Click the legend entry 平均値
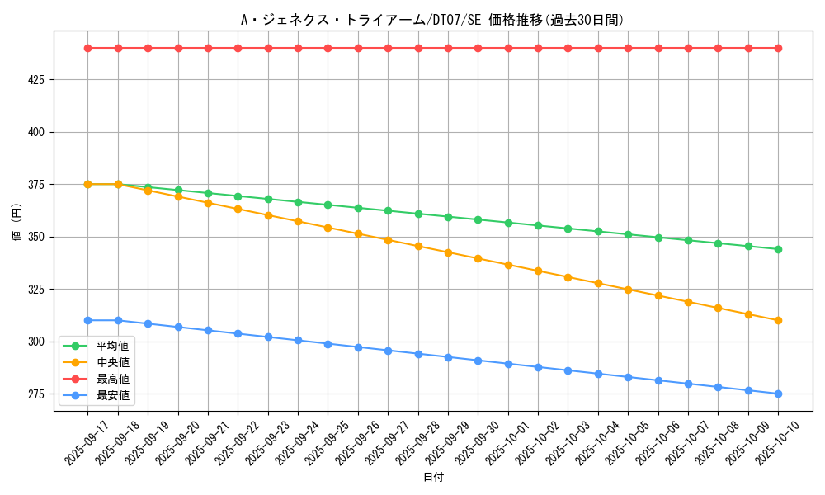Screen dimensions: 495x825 coord(113,345)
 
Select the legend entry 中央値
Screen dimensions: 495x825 coord(113,362)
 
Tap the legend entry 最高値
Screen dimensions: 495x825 coord(113,379)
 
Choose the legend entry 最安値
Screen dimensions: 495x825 coord(113,395)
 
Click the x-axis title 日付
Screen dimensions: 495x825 coord(432,478)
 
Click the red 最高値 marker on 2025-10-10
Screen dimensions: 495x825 coord(778,48)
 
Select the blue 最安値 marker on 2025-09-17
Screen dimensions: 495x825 coord(87,320)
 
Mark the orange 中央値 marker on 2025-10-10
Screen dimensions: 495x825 coord(778,320)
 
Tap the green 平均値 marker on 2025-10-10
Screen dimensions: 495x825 coord(778,249)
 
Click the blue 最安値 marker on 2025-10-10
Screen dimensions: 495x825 coord(778,394)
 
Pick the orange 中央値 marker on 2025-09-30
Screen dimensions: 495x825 coord(478,258)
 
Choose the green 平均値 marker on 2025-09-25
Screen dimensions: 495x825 coord(328,205)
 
